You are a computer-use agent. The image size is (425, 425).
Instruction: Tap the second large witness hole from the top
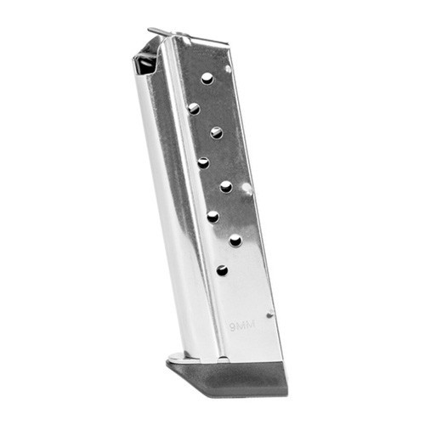pos(195,108)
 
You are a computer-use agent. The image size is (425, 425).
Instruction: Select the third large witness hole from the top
pos(217,133)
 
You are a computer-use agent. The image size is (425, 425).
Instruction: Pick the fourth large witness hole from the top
pos(204,161)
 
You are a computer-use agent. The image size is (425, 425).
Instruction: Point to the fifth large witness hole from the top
pos(226,186)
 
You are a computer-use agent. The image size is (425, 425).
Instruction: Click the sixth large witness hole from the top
pos(213,216)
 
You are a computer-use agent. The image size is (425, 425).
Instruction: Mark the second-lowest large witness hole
pos(235,241)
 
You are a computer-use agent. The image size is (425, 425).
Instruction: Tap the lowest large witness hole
pos(223,270)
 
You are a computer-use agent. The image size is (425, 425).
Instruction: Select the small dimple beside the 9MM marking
pos(270,314)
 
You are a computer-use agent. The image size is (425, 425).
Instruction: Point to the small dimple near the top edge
pos(228,68)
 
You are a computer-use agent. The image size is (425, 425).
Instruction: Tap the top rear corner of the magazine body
pos(228,46)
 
